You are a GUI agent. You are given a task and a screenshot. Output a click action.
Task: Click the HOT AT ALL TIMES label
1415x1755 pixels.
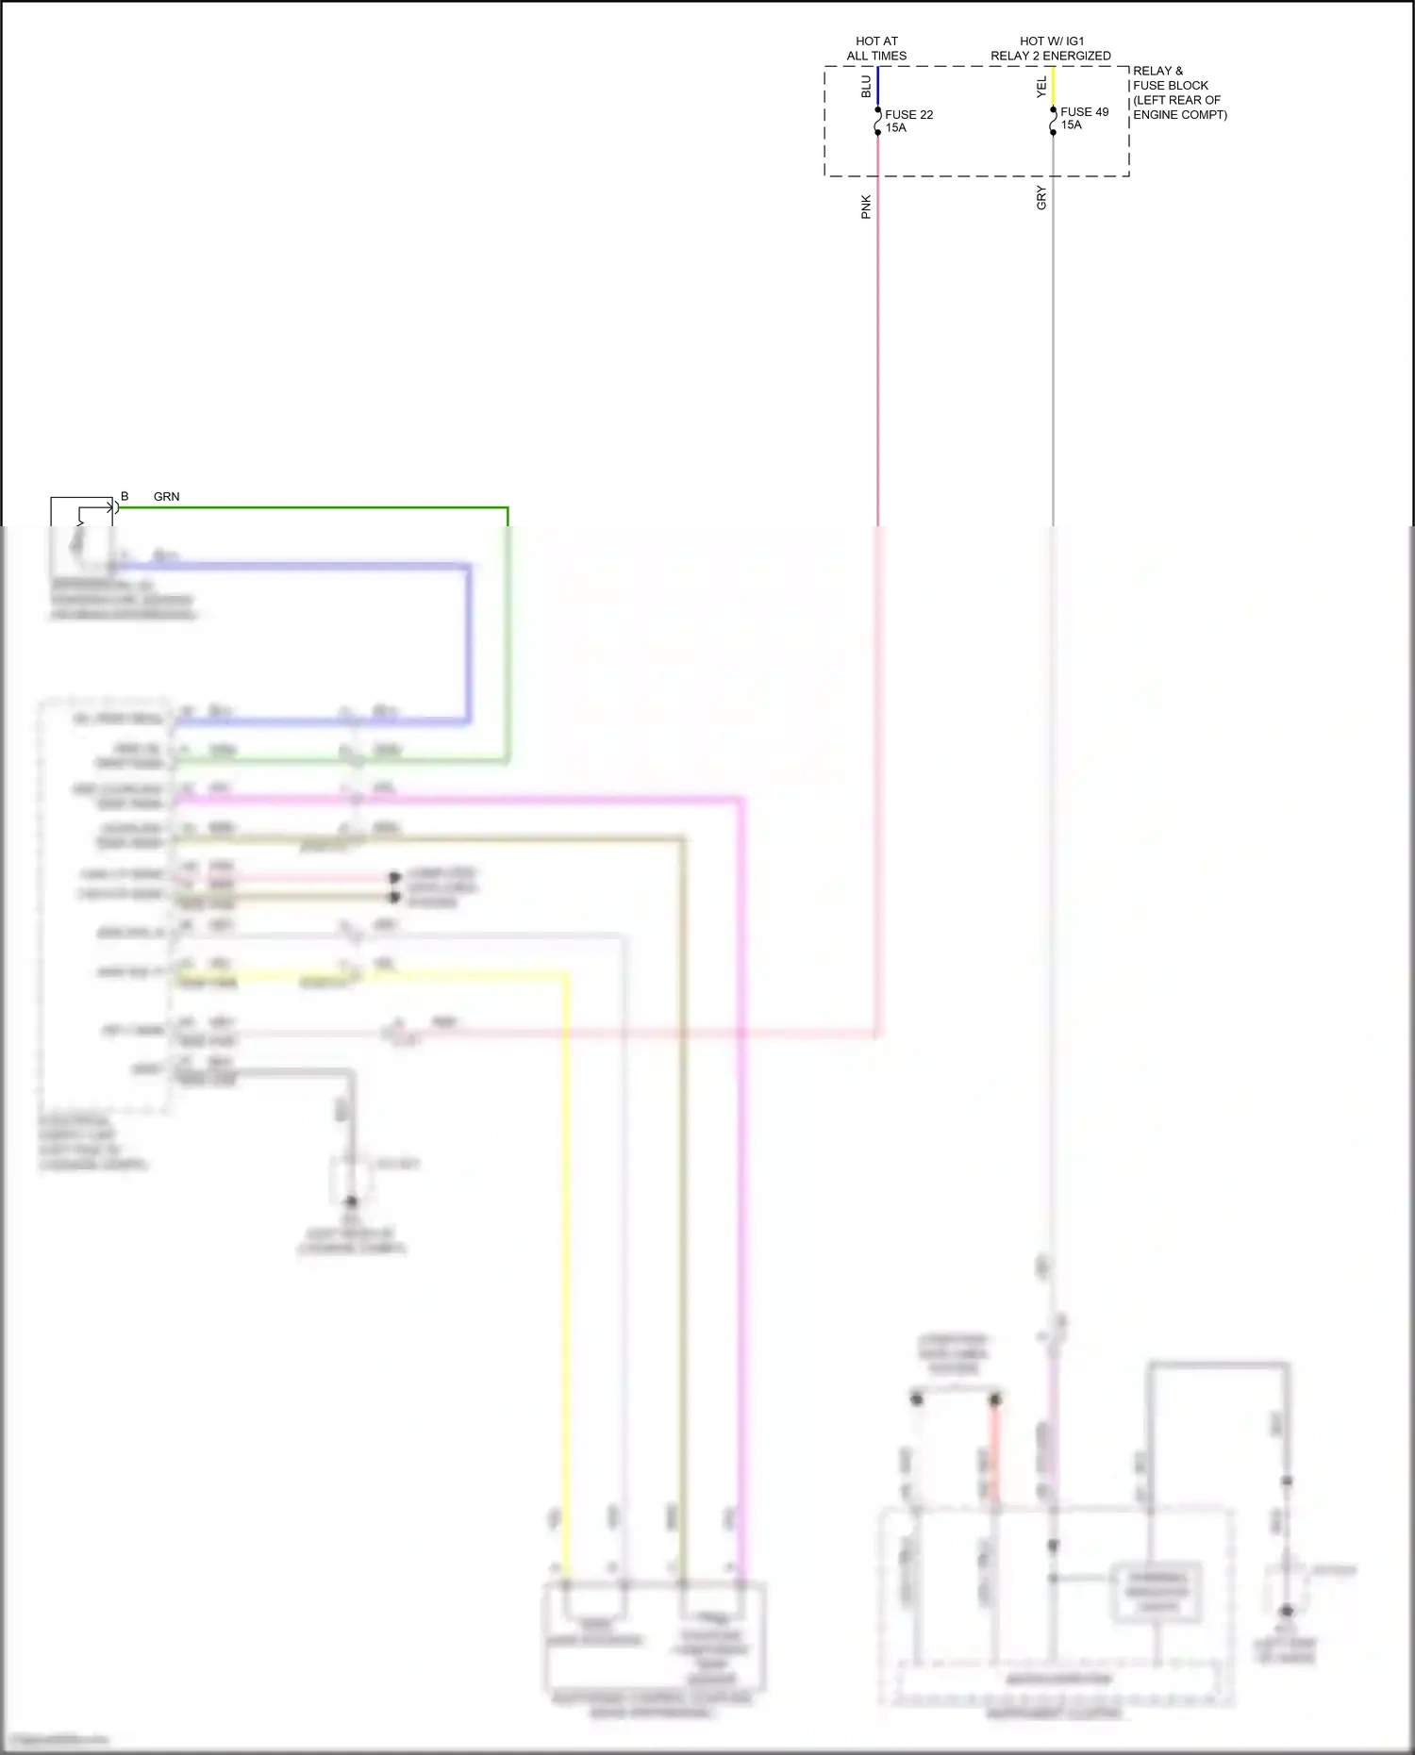(876, 48)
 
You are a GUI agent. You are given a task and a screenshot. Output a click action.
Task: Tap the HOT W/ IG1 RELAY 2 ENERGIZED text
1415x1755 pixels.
(1050, 48)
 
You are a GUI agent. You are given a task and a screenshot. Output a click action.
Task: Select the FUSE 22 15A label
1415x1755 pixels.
(908, 121)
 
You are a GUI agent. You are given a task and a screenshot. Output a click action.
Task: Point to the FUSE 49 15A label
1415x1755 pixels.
(1084, 118)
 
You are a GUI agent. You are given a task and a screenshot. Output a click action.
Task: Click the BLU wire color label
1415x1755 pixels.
(866, 87)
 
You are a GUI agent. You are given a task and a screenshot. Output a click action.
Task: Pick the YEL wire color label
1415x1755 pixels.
(1041, 88)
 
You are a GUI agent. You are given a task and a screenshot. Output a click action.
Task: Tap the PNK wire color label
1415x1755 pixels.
(866, 207)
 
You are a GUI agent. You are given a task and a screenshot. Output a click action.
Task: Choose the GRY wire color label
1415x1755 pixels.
(1041, 198)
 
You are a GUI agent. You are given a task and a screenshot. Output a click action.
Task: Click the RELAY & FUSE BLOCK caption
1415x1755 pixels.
(1179, 92)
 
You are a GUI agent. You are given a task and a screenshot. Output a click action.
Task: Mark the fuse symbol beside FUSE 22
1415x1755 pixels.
(878, 121)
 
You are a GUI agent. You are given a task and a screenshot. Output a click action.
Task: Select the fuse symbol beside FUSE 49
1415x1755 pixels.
(1054, 121)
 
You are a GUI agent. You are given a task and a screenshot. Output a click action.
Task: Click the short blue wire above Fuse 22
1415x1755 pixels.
(878, 87)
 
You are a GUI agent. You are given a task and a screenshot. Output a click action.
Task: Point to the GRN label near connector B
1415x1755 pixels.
(166, 496)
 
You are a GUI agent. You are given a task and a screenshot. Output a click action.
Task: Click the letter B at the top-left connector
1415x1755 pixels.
(125, 496)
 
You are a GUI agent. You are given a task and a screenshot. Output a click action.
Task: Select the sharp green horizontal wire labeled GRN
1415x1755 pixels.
(311, 508)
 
